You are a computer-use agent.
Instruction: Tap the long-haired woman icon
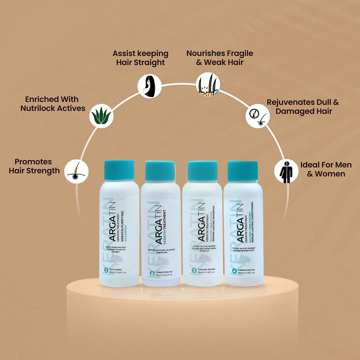click(149, 85)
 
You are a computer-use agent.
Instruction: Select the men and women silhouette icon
click(286, 171)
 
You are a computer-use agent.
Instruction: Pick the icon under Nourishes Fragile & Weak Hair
click(208, 84)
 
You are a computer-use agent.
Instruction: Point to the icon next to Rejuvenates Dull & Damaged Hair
click(257, 116)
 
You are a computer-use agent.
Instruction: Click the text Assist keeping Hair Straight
click(140, 58)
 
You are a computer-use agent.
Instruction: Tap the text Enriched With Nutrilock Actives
click(53, 104)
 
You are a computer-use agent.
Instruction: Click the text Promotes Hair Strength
click(34, 166)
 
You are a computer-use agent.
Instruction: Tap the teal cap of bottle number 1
click(120, 170)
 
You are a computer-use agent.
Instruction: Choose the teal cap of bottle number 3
click(202, 171)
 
